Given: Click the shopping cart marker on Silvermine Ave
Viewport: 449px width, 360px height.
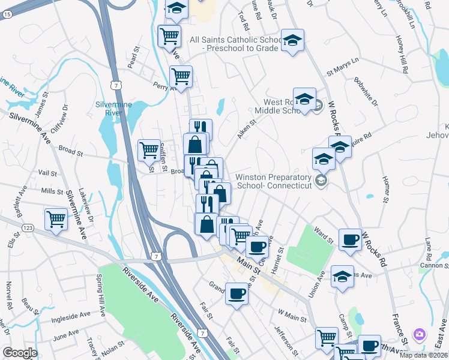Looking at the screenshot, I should click(56, 219).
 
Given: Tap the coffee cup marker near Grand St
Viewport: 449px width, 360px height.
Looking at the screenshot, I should click(237, 294).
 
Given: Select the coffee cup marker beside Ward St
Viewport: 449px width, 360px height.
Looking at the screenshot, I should click(350, 239).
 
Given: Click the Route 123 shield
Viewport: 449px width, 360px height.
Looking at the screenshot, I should click(27, 229).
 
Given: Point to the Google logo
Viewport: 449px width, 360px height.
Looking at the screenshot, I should click(19, 353).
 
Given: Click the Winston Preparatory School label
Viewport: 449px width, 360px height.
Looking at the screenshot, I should click(274, 181).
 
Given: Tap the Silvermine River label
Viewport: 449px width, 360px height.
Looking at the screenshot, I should click(109, 108).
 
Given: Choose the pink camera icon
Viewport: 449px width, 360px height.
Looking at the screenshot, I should click(420, 334).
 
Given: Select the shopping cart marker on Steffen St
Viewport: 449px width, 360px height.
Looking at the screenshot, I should click(148, 150).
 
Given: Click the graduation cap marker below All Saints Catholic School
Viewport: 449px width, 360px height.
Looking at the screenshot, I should click(292, 40).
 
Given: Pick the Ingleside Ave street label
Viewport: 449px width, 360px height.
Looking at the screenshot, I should click(71, 314).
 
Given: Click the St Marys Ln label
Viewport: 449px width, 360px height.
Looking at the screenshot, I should click(342, 66).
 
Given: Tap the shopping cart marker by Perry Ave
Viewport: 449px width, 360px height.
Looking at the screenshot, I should click(180, 76).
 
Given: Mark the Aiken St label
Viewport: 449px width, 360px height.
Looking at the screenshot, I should click(246, 128).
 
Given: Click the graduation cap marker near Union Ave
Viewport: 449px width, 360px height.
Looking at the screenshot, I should click(342, 277).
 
